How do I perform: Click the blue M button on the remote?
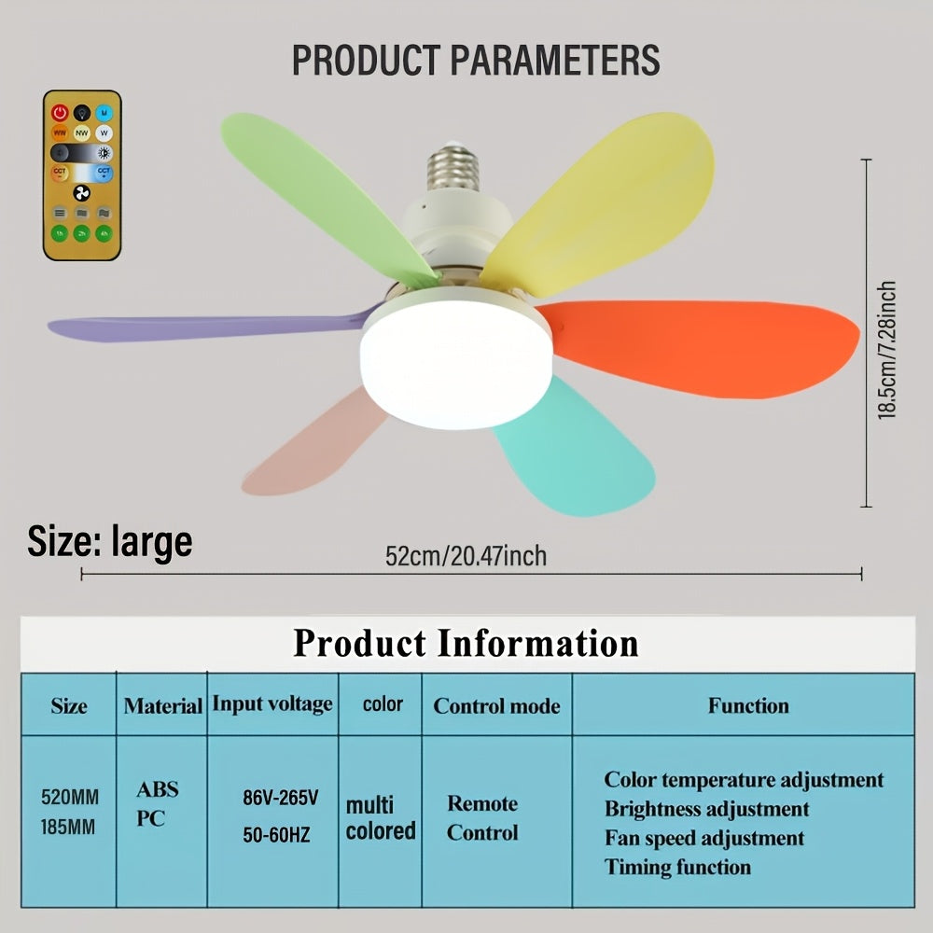coord(104,113)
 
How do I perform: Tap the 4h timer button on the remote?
coord(104,232)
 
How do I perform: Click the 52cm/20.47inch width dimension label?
coord(466,556)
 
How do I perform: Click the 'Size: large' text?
coord(110,541)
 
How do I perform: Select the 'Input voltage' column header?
coord(272,703)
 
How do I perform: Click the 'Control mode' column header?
coord(496,705)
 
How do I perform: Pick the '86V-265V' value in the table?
coord(281,798)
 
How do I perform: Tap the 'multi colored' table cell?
coord(381,817)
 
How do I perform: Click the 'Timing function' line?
coord(676,867)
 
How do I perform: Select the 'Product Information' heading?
coord(466,643)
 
